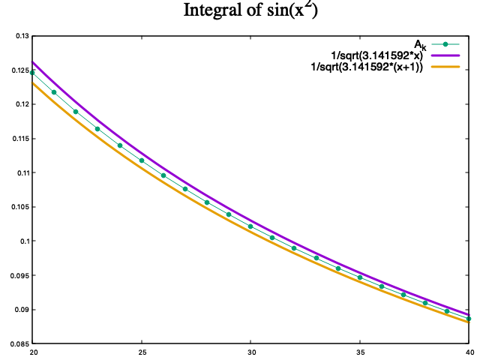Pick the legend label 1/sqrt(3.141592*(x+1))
(367, 67)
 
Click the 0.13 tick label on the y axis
(21, 36)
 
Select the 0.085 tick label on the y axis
(19, 343)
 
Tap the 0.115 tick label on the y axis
(19, 139)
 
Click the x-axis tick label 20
(33, 351)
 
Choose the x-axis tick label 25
(142, 351)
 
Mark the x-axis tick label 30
(251, 351)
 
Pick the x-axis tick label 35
(360, 351)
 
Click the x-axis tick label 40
(469, 351)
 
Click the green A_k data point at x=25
(142, 160)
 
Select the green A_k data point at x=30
(250, 226)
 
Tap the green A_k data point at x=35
(360, 277)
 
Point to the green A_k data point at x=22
(76, 112)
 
